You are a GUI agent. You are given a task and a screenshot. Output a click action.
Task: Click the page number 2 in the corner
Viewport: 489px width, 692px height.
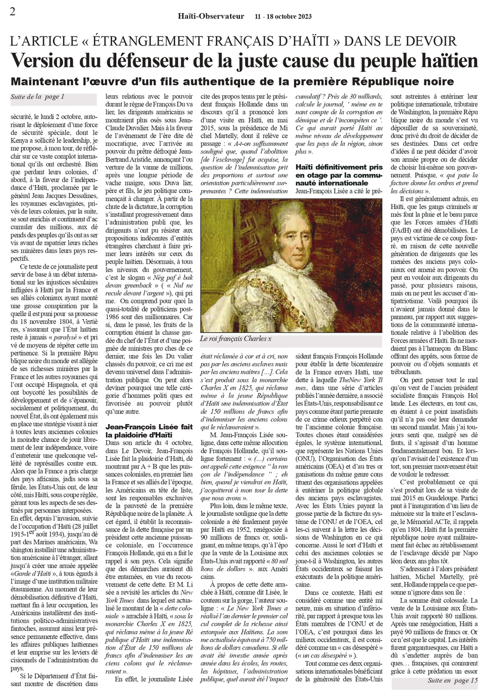tap(12, 12)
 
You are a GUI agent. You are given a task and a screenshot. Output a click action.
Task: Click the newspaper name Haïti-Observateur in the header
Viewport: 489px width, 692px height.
tap(211, 16)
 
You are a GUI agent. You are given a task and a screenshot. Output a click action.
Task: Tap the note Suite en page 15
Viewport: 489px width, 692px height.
tap(452, 679)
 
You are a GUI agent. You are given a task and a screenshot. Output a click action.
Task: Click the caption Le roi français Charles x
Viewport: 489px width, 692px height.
tap(236, 339)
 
